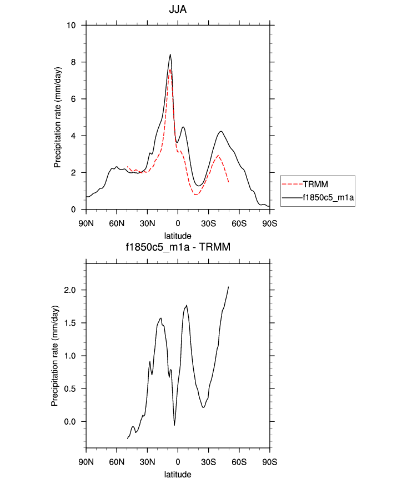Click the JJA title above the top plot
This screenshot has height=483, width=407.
[x=178, y=9]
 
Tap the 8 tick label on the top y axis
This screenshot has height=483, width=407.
[x=75, y=62]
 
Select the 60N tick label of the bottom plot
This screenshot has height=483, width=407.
[x=117, y=461]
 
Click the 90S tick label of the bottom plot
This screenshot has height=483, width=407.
[x=269, y=461]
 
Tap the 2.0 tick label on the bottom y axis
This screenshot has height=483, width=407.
[x=70, y=290]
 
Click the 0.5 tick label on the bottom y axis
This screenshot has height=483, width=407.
[x=70, y=389]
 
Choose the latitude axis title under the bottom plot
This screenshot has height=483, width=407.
[x=178, y=474]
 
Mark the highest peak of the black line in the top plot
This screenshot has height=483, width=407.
[x=170, y=54]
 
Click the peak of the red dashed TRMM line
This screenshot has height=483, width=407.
[x=170, y=69]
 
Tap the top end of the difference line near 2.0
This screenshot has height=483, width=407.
[x=228, y=287]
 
